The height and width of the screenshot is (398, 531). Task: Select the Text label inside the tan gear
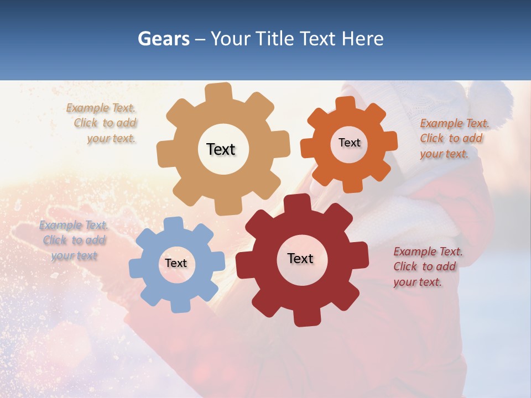221,149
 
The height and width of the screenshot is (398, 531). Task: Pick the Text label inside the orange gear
349,143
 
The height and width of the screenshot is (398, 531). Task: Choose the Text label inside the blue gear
176,263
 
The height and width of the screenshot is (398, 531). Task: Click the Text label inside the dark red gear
300,258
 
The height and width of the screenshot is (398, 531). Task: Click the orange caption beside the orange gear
454,138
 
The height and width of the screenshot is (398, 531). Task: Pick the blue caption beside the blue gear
74,240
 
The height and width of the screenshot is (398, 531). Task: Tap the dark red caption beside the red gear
427,266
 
